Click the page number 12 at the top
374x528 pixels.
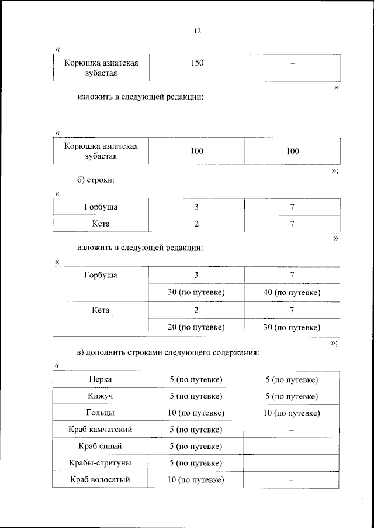(197, 32)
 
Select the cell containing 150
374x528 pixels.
(197, 63)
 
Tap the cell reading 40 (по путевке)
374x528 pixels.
(292, 292)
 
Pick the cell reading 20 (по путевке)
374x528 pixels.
(196, 327)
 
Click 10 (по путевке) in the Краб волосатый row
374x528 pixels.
(196, 480)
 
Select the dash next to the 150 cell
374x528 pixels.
(292, 64)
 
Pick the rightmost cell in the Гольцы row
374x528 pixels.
(292, 413)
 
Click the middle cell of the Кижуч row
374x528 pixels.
(196, 396)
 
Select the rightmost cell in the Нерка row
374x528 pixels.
(292, 380)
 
